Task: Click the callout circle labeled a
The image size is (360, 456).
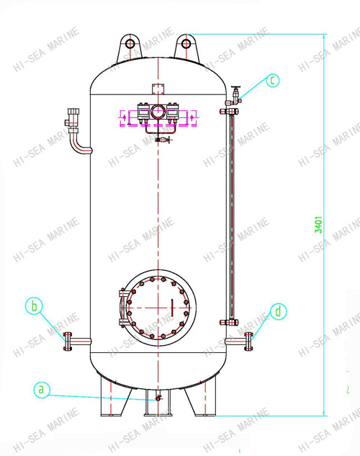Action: [x=42, y=390]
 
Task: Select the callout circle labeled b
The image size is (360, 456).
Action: [x=34, y=305]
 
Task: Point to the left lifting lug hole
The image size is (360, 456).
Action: [x=130, y=44]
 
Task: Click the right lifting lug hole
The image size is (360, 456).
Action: [x=186, y=44]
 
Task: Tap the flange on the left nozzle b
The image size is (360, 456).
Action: [x=67, y=340]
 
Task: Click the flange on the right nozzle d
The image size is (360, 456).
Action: [x=249, y=340]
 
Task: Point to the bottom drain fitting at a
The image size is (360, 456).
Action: [x=157, y=398]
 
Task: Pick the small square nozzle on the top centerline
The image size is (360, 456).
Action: [x=157, y=88]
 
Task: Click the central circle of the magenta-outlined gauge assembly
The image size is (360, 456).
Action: [x=157, y=113]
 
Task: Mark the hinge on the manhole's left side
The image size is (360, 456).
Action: [x=123, y=305]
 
